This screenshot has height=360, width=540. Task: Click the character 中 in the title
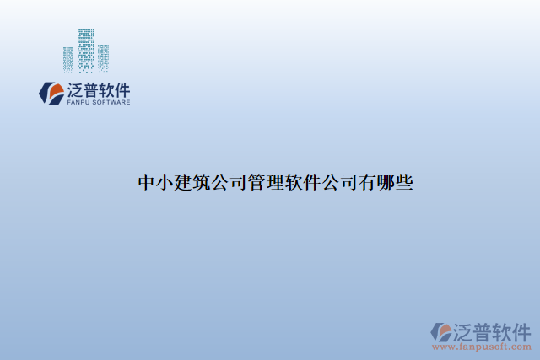coord(147,182)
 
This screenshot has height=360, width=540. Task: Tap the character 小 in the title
coord(165,182)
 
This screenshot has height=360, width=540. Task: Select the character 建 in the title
coord(183,182)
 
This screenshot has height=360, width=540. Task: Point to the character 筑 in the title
coord(202,182)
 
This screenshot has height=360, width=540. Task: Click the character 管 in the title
coord(256,182)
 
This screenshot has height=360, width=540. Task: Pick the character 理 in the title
coord(275,182)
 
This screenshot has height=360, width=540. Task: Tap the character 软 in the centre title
coord(294,182)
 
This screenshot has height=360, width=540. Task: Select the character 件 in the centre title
coord(312,182)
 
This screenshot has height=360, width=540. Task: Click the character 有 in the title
coord(367,182)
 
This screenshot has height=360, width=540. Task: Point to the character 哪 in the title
coord(386,182)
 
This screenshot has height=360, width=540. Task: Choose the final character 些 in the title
coord(404,182)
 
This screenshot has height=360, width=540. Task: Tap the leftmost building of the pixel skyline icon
coord(68,59)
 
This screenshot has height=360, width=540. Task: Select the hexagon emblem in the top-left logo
coord(51,93)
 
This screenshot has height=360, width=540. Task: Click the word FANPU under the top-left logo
coord(78,103)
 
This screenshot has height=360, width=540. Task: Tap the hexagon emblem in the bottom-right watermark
coord(442,331)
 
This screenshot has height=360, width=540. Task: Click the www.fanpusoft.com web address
coord(482,346)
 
